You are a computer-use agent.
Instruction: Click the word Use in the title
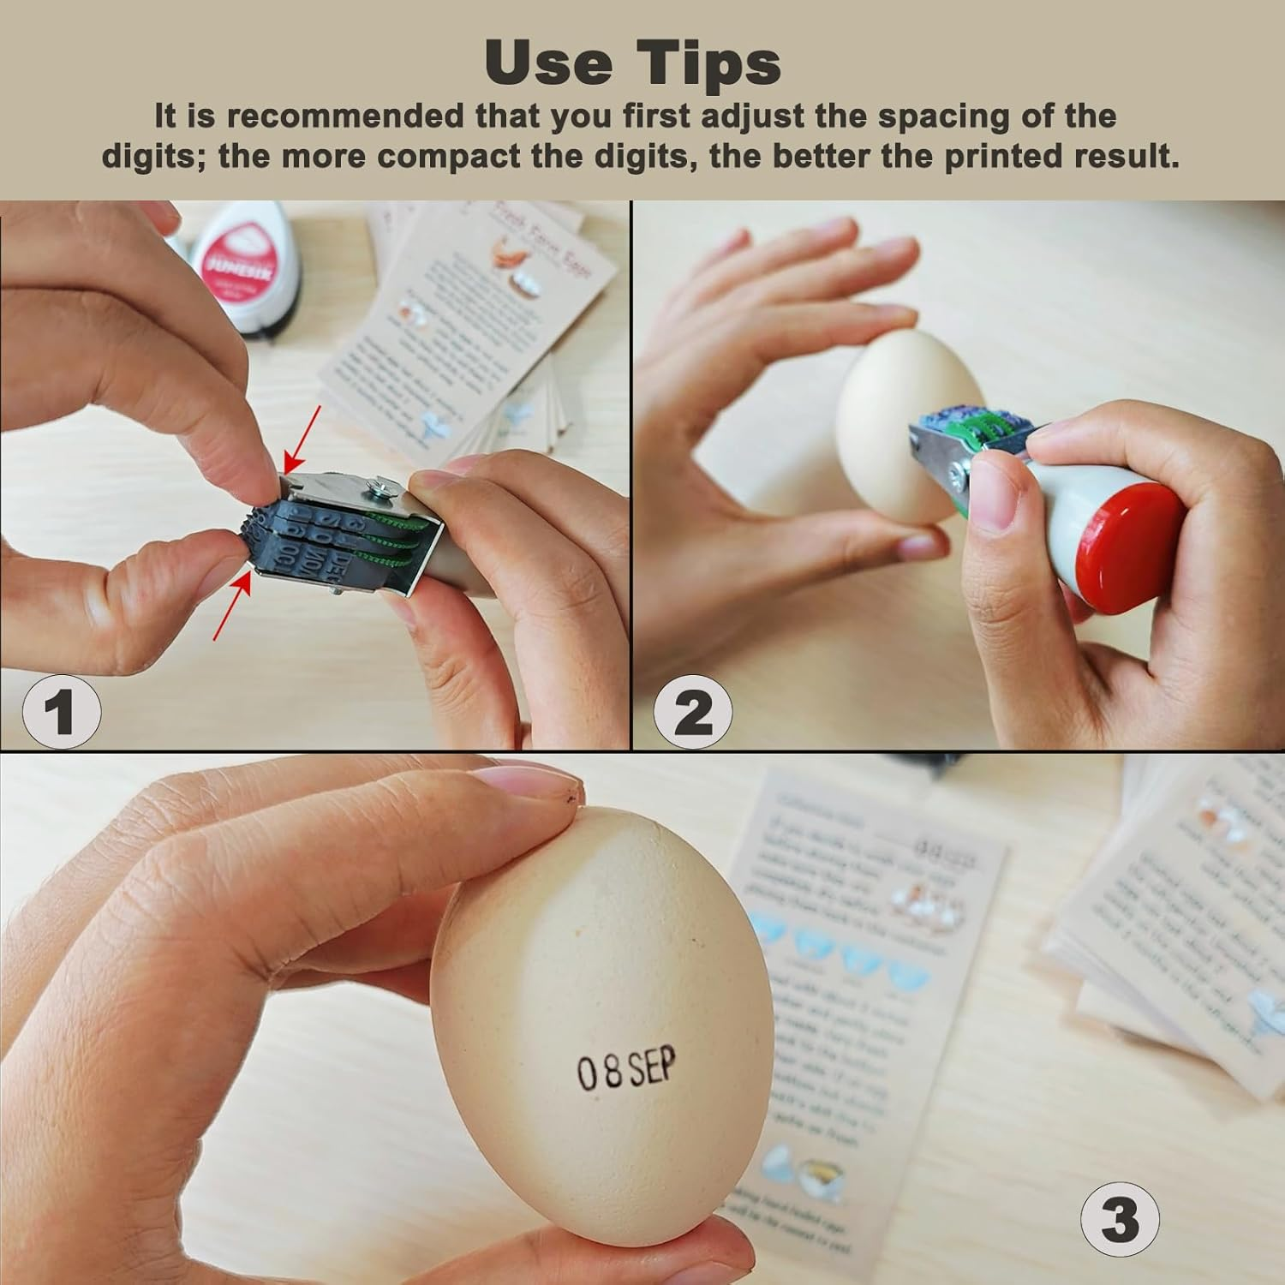[x=547, y=62]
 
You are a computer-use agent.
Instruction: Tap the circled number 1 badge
[x=61, y=710]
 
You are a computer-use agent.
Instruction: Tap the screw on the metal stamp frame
[x=378, y=491]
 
